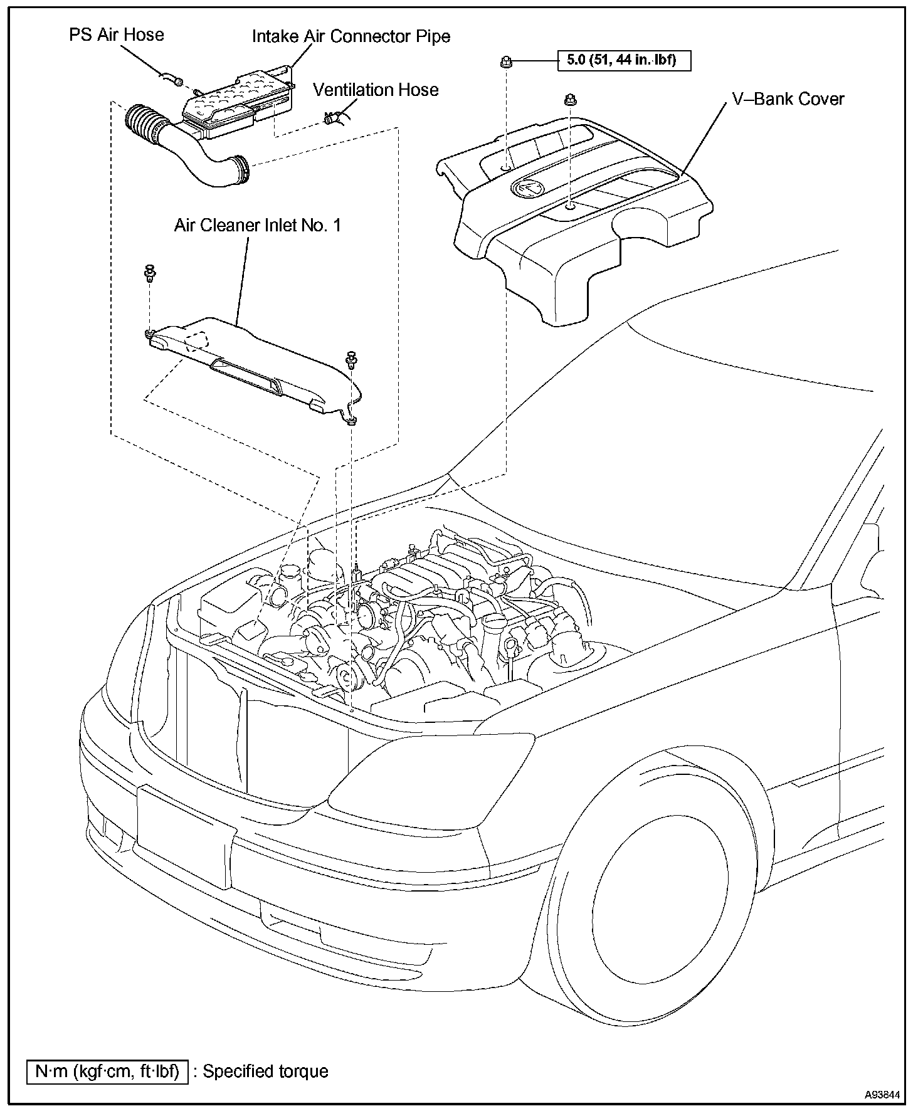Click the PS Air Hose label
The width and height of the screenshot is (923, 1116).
click(x=116, y=34)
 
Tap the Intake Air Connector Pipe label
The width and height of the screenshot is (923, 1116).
click(x=351, y=36)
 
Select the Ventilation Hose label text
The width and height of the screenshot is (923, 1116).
click(x=376, y=90)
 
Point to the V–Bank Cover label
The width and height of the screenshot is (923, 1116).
click(x=788, y=99)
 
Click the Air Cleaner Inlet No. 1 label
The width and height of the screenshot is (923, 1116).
click(x=258, y=226)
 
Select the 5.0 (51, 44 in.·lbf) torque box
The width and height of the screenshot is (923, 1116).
click(x=624, y=61)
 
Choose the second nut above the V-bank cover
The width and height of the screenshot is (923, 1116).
click(x=571, y=99)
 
